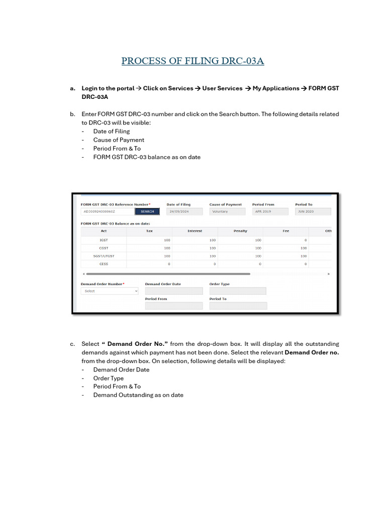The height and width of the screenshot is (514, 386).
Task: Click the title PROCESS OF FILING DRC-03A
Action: pyautogui.click(x=192, y=61)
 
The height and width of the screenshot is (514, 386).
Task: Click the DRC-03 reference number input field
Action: pyautogui.click(x=107, y=211)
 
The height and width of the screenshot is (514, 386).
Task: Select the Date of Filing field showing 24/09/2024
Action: pyautogui.click(x=184, y=211)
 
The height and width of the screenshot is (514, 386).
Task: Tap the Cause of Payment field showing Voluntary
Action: pyautogui.click(x=227, y=211)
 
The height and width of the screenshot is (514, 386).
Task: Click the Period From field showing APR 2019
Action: pyautogui.click(x=270, y=211)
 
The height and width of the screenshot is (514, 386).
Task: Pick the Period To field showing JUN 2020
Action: pyautogui.click(x=313, y=211)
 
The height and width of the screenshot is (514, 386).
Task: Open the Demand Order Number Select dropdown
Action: pyautogui.click(x=110, y=291)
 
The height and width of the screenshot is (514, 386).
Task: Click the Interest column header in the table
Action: pyautogui.click(x=195, y=231)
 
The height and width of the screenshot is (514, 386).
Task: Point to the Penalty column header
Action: pyautogui.click(x=240, y=231)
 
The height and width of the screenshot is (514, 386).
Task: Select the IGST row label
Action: pyautogui.click(x=104, y=240)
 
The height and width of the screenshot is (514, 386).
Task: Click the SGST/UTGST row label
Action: pyautogui.click(x=104, y=256)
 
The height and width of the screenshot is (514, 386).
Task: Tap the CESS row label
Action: pyautogui.click(x=104, y=264)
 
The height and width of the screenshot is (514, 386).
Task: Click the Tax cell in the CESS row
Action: pyautogui.click(x=149, y=264)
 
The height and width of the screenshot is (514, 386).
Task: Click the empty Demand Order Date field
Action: pyautogui.click(x=173, y=291)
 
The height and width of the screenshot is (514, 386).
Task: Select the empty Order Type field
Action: pyautogui.click(x=238, y=291)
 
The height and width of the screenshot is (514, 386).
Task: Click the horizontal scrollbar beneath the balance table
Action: pyautogui.click(x=166, y=274)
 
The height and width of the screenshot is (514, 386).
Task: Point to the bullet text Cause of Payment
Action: pyautogui.click(x=119, y=140)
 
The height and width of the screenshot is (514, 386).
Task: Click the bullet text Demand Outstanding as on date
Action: pyautogui.click(x=138, y=395)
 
